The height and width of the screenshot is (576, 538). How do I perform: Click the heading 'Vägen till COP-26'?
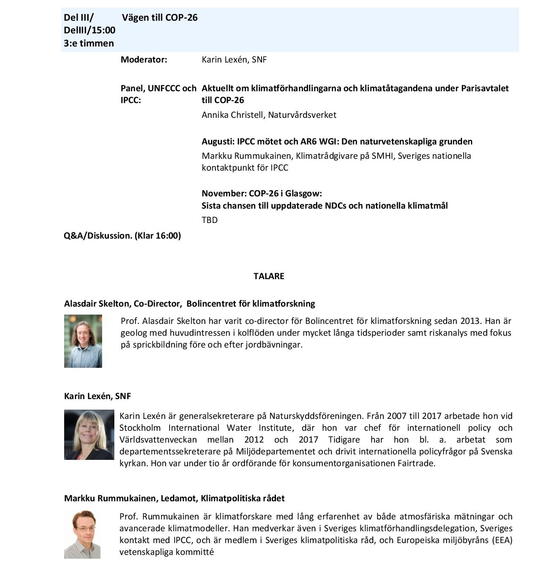[x=160, y=18]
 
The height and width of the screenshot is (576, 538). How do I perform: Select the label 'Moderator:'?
[x=144, y=60]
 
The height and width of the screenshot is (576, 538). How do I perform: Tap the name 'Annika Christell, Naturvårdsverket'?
[x=269, y=115]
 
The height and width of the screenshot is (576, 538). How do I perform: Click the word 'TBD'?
[x=210, y=220]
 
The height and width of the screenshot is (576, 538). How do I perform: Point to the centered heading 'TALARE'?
[x=269, y=276]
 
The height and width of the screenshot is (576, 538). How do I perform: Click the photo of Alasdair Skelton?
[x=83, y=341]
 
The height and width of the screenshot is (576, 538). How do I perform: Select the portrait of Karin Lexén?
[x=89, y=435]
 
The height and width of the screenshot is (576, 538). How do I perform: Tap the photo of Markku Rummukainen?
[x=82, y=534]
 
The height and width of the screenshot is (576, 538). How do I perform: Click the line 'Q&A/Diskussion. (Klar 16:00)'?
[x=122, y=236]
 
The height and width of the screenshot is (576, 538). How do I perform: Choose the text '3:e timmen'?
[x=89, y=43]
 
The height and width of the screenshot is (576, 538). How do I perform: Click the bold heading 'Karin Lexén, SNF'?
[x=97, y=396]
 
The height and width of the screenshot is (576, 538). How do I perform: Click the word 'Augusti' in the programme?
[x=217, y=141]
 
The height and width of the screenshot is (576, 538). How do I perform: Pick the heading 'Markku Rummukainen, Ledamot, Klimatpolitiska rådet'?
[x=174, y=498]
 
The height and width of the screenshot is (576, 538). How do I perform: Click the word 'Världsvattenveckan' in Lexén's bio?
[x=158, y=440]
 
